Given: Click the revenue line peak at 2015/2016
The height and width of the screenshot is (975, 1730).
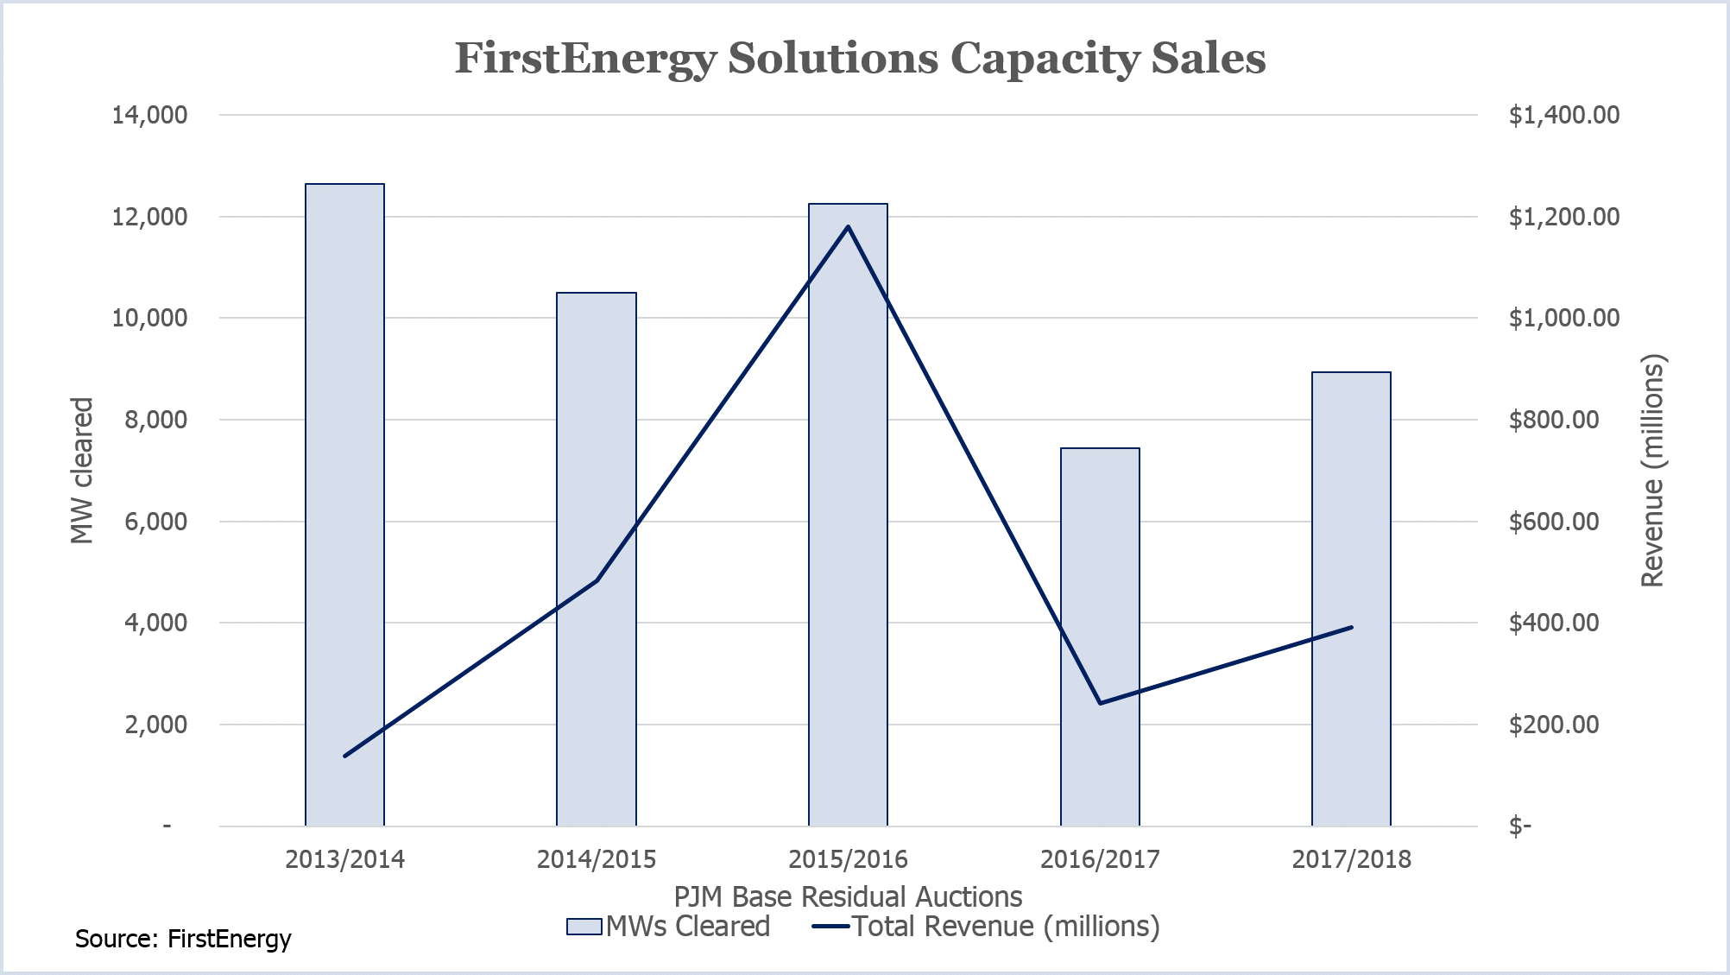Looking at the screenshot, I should [848, 227].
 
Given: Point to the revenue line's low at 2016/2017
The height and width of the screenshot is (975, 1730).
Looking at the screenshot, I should [1100, 703].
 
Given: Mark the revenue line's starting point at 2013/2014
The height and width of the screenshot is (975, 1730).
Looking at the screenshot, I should [344, 756].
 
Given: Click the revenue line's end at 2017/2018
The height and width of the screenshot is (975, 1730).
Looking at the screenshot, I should [1351, 627].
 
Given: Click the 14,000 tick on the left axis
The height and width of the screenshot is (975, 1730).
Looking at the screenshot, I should [149, 115].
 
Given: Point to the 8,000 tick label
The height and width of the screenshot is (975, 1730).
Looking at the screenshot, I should [155, 420].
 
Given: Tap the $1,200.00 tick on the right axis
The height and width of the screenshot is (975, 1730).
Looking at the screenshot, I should [1563, 217].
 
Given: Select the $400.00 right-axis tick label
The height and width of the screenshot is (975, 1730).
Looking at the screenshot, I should [1553, 623].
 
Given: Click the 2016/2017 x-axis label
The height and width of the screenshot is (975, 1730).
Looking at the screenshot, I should [1100, 859].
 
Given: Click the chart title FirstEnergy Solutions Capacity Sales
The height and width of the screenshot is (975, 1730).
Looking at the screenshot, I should [860, 59].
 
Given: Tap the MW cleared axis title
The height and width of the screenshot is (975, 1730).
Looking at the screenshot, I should [82, 471].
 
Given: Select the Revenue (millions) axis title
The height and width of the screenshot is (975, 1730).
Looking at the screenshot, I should [1652, 471].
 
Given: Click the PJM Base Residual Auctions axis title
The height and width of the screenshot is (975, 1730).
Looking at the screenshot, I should [848, 896].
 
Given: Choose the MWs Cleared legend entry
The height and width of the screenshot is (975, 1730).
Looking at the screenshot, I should [669, 927].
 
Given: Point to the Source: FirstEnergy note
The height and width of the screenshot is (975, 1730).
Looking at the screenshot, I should [183, 939].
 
